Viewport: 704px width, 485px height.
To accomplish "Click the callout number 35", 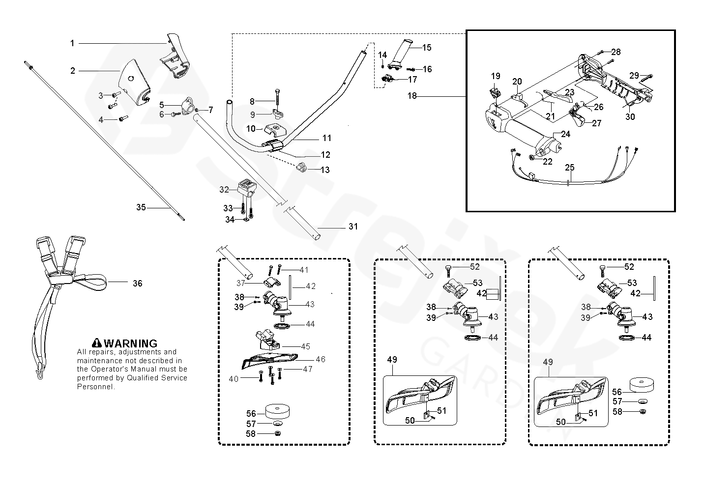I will [x=141, y=208].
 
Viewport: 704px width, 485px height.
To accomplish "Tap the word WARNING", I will [x=130, y=343].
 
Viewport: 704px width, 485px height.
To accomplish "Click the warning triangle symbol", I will [x=97, y=343].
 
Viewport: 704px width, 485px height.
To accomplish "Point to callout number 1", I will [x=72, y=43].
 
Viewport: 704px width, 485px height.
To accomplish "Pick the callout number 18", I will [x=412, y=96].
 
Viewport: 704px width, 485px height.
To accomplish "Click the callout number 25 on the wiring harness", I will [x=569, y=168].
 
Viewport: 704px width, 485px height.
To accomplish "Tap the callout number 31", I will [x=353, y=227].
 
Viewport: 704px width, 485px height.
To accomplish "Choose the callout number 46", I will [x=321, y=359].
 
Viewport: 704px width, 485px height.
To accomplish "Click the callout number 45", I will [x=305, y=346].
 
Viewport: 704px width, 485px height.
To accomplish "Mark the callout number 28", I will [x=616, y=52].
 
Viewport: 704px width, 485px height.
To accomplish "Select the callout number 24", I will [x=566, y=134].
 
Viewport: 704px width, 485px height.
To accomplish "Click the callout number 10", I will [x=251, y=129].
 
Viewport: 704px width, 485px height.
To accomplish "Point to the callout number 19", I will [x=496, y=76].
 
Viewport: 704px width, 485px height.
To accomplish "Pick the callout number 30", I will [x=630, y=116].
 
